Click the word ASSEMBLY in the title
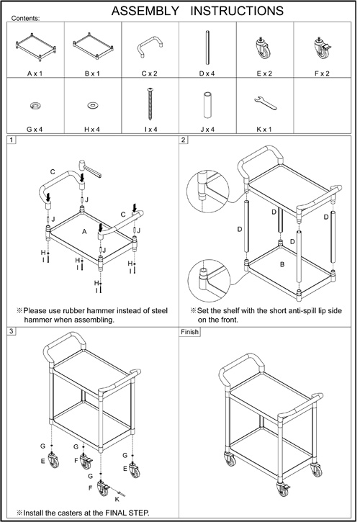(145, 11)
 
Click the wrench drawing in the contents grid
(266, 103)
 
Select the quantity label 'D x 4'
(207, 73)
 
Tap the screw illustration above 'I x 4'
(150, 104)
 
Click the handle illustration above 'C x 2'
(150, 46)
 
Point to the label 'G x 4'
(35, 129)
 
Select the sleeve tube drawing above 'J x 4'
(207, 104)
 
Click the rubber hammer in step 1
(89, 168)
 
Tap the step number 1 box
(12, 140)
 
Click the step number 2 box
(184, 140)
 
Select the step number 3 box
(12, 331)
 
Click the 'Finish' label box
(190, 332)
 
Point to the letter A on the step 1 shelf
(84, 231)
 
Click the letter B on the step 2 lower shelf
(282, 265)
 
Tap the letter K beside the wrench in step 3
(117, 500)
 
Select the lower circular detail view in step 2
(209, 280)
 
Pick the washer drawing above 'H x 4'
(92, 106)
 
